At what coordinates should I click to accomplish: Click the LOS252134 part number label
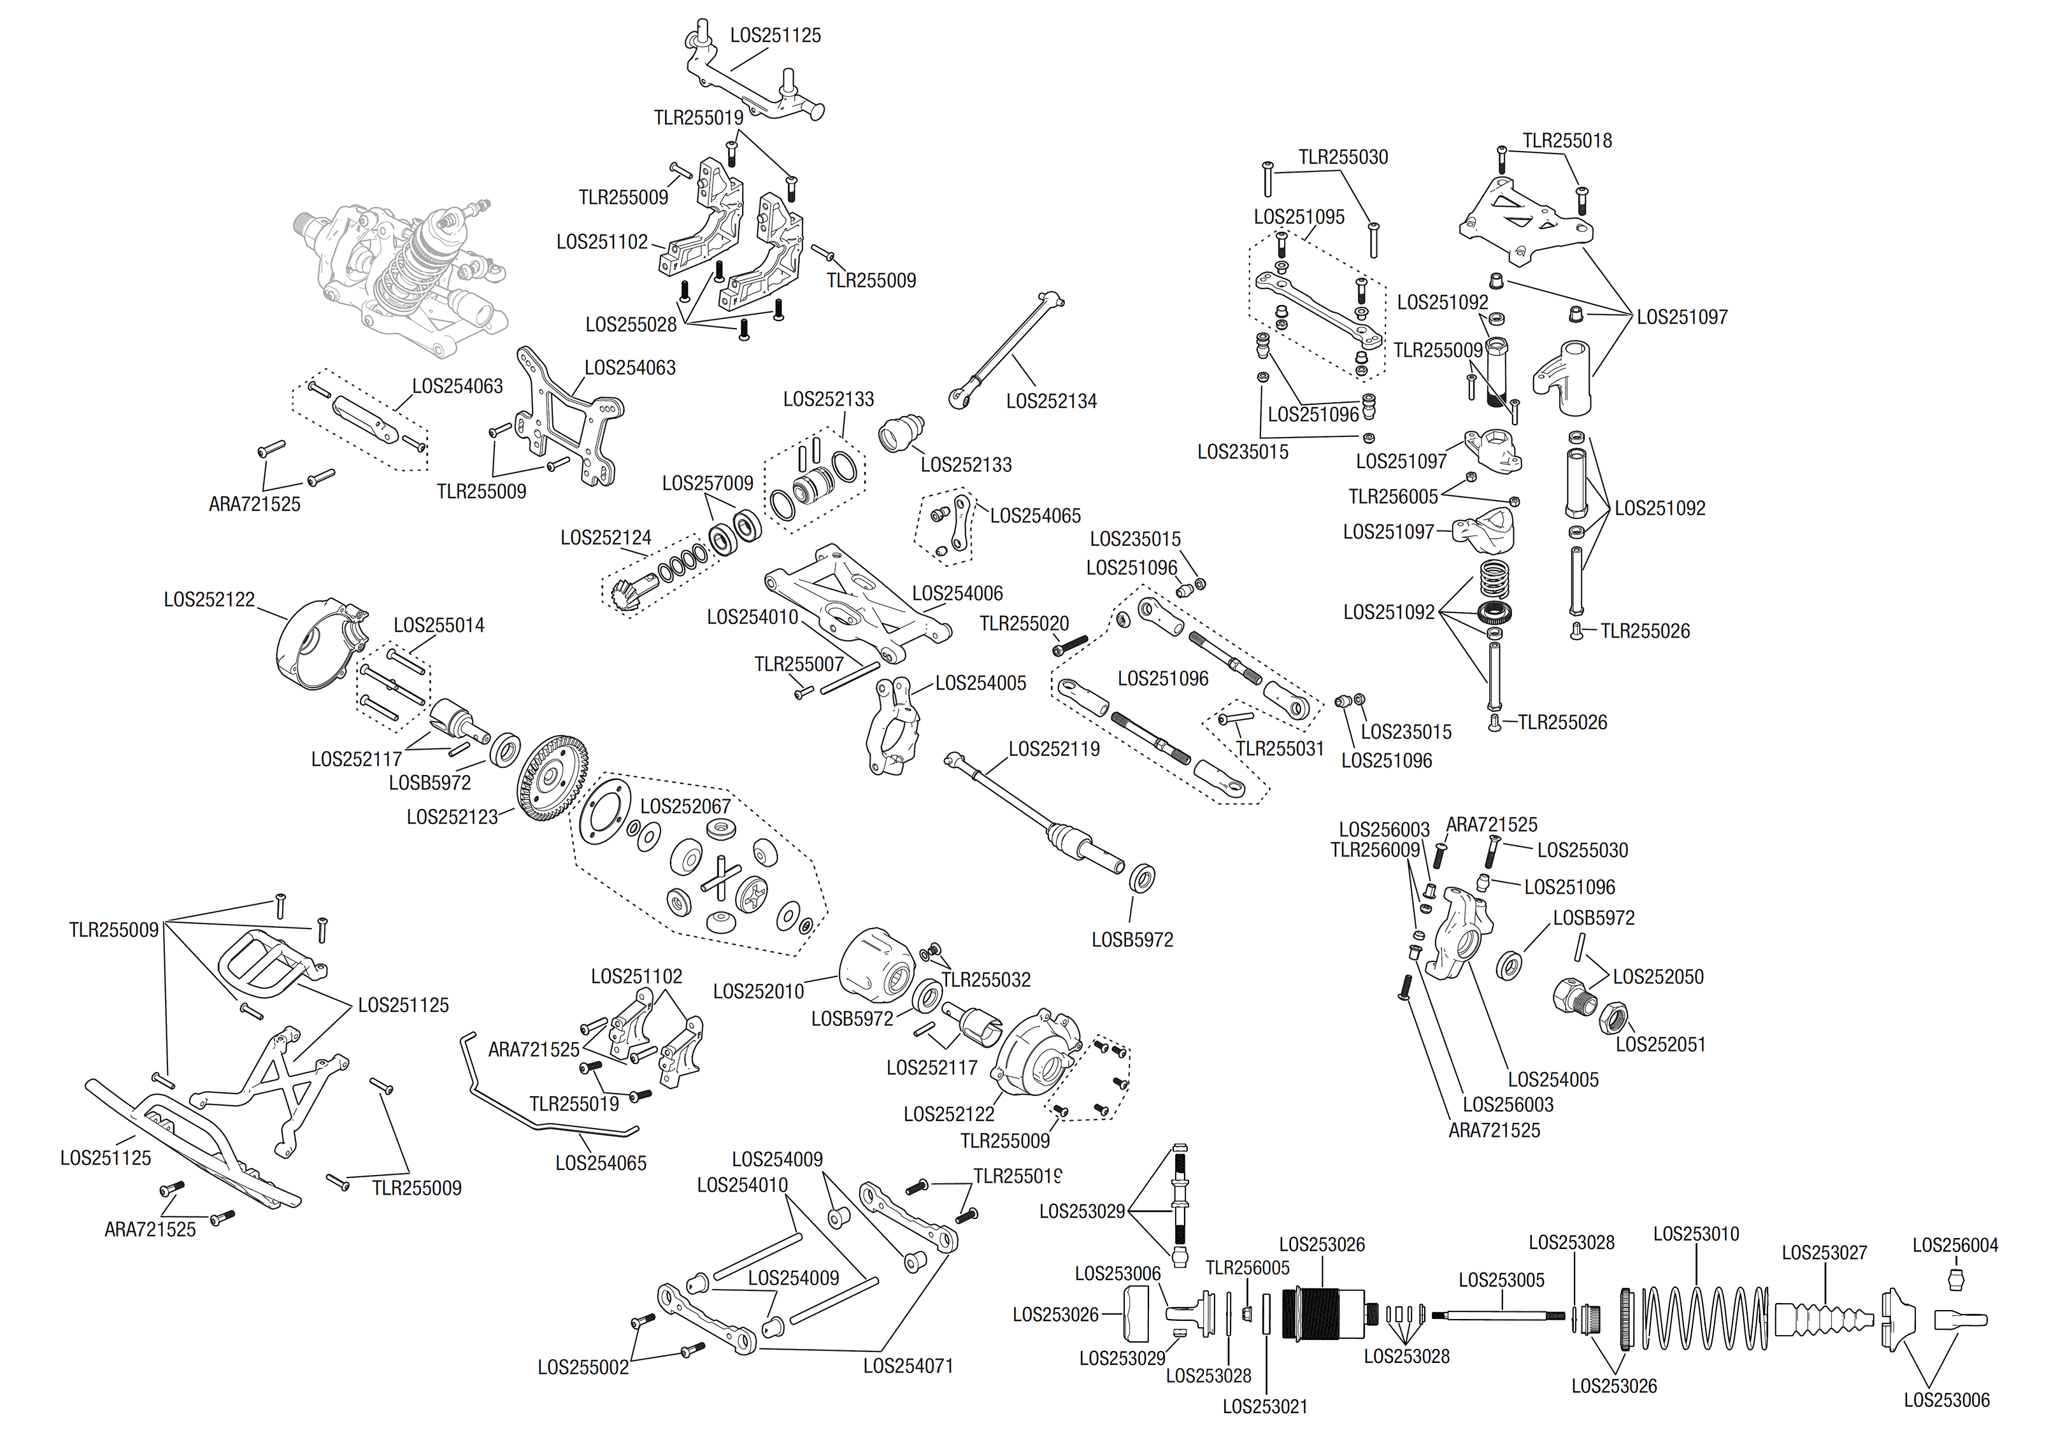[1051, 401]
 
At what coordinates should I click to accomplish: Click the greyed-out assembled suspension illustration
[399, 269]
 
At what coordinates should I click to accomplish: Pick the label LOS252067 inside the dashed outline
[685, 806]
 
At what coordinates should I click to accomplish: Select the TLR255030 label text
[1343, 157]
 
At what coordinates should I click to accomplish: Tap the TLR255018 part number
[1566, 141]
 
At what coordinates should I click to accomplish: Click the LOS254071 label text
[908, 1365]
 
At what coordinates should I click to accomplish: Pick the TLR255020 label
[1024, 623]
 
